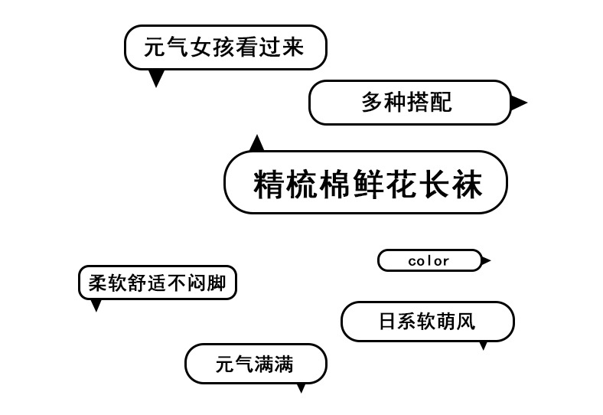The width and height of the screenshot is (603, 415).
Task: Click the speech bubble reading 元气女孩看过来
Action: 225,47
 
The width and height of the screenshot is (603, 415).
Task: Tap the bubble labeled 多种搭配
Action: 409,103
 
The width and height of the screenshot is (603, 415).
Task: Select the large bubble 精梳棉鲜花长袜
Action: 366,182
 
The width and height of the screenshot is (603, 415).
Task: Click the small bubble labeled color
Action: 429,260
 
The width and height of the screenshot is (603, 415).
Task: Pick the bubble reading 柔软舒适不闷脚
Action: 157,283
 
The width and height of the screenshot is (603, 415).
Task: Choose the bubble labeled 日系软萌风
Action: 427,322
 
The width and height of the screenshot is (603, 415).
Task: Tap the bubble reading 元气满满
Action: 256,364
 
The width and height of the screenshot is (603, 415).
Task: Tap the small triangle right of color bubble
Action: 486,261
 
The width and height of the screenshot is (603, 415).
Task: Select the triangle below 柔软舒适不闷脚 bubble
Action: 96,305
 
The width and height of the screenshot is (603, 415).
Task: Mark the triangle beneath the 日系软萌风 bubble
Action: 483,345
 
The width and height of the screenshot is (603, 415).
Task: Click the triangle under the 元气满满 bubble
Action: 301,387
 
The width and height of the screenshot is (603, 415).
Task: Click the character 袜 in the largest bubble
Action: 468,185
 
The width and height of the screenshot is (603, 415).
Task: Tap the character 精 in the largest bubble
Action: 269,185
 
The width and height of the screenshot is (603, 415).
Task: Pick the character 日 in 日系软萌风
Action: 387,322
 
